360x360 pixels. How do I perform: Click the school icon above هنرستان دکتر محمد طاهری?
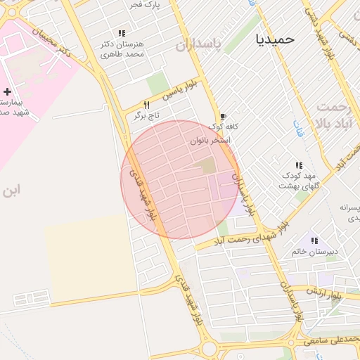tap(122, 33)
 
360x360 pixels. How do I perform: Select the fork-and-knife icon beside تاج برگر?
tap(146, 105)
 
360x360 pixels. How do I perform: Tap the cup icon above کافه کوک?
tap(223, 116)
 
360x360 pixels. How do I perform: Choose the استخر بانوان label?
tap(210, 141)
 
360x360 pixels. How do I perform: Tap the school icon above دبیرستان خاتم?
tap(314, 240)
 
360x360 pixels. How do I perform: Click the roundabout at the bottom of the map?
tap(208, 349)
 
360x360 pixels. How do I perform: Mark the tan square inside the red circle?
tap(207, 166)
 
